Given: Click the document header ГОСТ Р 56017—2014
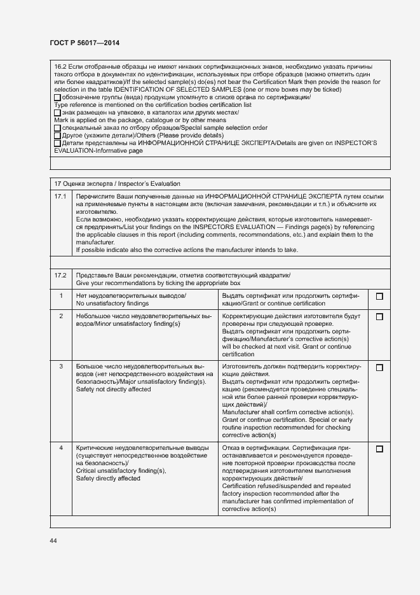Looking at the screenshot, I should click(x=84, y=43).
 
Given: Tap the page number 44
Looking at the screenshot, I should click(x=53, y=540).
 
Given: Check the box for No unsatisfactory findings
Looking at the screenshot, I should click(x=379, y=297).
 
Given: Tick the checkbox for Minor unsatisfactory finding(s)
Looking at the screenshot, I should click(x=379, y=316).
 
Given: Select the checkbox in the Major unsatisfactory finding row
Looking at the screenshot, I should click(x=379, y=367).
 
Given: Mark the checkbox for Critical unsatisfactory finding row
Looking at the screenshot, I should click(x=379, y=449).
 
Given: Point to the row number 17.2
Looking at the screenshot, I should click(x=60, y=274).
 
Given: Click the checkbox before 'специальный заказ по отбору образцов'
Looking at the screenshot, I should click(x=57, y=128).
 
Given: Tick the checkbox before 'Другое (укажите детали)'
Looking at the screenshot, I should click(x=57, y=136).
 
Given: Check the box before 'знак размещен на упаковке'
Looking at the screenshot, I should click(x=57, y=113).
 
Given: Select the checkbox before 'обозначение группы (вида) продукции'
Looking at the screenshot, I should click(x=57, y=97).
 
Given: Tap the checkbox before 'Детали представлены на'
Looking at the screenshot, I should click(x=57, y=143).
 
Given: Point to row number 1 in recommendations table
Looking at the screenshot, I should click(x=61, y=296).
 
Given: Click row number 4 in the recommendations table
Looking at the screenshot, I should click(x=61, y=448).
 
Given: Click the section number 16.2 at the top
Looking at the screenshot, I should click(x=60, y=66).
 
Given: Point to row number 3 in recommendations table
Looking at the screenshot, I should click(x=61, y=367).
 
